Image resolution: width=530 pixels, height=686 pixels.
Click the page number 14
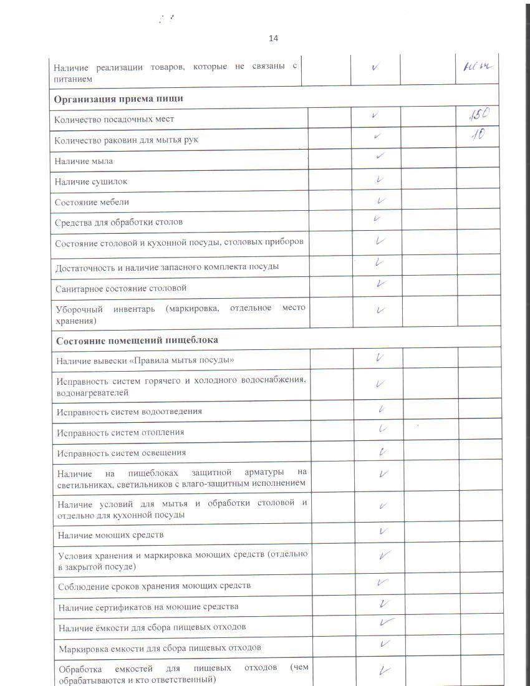[273, 39]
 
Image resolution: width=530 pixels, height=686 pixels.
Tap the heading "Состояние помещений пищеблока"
[137, 341]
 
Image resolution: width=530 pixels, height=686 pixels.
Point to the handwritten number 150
[481, 115]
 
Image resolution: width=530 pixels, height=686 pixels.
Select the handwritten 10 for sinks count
[479, 135]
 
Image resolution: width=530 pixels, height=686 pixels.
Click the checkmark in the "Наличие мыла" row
[380, 157]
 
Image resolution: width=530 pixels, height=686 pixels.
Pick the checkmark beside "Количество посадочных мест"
[374, 115]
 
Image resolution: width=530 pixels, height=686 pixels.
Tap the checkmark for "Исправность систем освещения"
[381, 451]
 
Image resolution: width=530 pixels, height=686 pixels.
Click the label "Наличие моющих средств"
[110, 535]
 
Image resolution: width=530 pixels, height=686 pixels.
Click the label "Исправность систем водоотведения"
[129, 412]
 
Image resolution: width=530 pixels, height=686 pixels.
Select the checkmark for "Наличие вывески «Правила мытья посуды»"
[379, 358]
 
